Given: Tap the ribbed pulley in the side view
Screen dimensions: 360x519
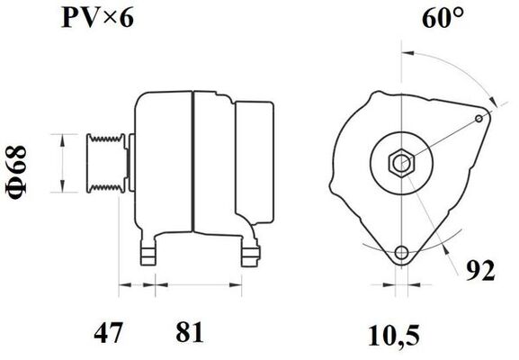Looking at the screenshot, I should tap(105, 164).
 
